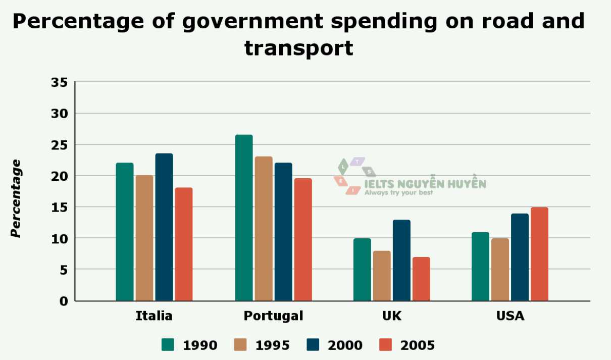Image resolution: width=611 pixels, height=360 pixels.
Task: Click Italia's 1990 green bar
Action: click(x=125, y=232)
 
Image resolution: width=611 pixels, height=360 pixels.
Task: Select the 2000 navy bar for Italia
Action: click(x=164, y=227)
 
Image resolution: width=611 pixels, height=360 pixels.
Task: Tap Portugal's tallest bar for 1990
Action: click(x=244, y=218)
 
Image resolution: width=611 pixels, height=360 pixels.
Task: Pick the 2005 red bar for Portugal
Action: click(x=303, y=239)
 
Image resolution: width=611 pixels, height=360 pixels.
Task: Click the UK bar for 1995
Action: click(x=382, y=276)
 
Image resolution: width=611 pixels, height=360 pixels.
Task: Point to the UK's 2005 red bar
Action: click(x=421, y=279)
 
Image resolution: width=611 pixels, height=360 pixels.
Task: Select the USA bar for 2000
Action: click(x=520, y=257)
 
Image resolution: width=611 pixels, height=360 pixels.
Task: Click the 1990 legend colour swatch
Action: click(x=168, y=345)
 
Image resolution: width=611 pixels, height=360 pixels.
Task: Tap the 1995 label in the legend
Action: click(x=273, y=345)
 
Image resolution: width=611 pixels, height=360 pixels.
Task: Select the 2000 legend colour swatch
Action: click(x=313, y=345)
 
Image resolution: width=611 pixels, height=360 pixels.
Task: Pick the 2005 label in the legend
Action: click(x=418, y=345)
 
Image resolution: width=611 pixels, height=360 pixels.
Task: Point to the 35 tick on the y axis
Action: click(x=60, y=82)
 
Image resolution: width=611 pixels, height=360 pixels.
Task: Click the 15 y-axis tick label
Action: click(x=60, y=207)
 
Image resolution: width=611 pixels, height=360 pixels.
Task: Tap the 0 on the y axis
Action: click(x=64, y=301)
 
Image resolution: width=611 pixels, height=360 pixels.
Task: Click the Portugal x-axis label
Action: click(x=273, y=316)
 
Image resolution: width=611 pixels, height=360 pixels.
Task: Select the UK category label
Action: click(x=392, y=316)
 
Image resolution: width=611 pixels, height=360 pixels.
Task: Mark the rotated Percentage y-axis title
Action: click(x=16, y=198)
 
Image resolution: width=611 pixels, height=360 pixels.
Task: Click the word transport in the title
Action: click(x=299, y=48)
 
